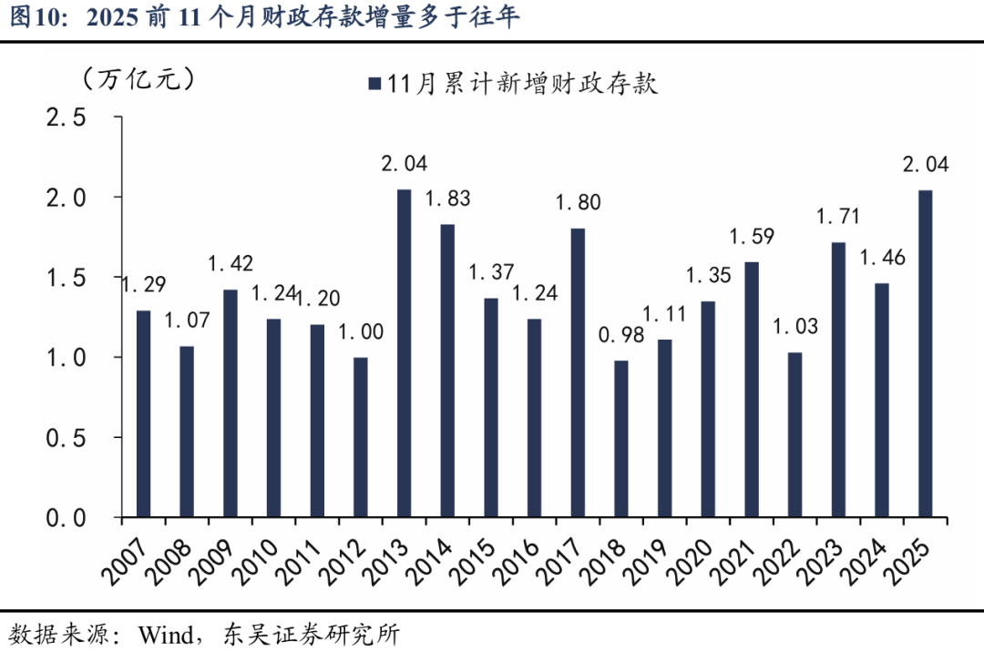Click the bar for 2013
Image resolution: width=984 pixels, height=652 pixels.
tap(404, 353)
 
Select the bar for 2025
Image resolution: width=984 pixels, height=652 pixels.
tap(925, 353)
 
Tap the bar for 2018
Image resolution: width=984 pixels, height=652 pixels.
tap(620, 439)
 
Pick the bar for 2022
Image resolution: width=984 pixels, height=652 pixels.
tap(794, 434)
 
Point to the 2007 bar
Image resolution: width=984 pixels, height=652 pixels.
tap(143, 413)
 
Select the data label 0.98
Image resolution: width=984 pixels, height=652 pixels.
tap(620, 335)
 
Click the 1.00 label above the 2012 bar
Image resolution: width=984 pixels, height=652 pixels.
tap(360, 332)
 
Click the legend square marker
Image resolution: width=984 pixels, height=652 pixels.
tap(374, 84)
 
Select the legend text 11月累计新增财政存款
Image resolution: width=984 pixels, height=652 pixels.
tap(521, 84)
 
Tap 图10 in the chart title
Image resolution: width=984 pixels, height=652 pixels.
tap(31, 17)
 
